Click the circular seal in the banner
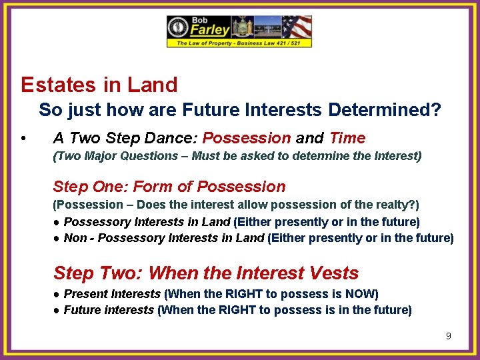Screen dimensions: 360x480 click(x=179, y=27)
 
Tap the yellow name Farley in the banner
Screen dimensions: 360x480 click(x=211, y=30)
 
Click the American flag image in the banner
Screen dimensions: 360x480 click(x=296, y=27)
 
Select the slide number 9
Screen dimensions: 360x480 click(x=449, y=336)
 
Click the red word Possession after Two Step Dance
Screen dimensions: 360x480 click(x=246, y=138)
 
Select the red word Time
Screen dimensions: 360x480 click(x=347, y=138)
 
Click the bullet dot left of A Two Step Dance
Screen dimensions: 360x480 click(x=23, y=139)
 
